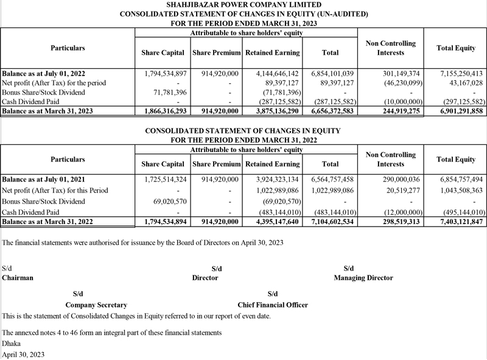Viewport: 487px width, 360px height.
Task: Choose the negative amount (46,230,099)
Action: pyautogui.click(x=392, y=82)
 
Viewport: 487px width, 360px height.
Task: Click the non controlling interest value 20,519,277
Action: pyautogui.click(x=395, y=190)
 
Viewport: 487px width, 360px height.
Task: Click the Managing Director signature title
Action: pyautogui.click(x=363, y=278)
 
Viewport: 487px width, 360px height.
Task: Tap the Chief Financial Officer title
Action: pyautogui.click(x=273, y=305)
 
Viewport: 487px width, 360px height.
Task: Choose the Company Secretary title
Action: pyautogui.click(x=96, y=305)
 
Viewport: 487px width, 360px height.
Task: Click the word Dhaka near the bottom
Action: pyautogui.click(x=12, y=344)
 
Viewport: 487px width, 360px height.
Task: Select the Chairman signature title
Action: pyautogui.click(x=18, y=278)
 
